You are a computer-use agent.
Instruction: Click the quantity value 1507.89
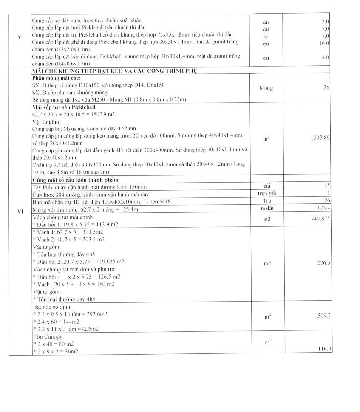[x=321, y=138]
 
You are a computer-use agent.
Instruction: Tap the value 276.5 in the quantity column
[x=324, y=264]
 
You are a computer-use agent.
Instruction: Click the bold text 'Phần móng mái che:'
[x=57, y=79]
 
